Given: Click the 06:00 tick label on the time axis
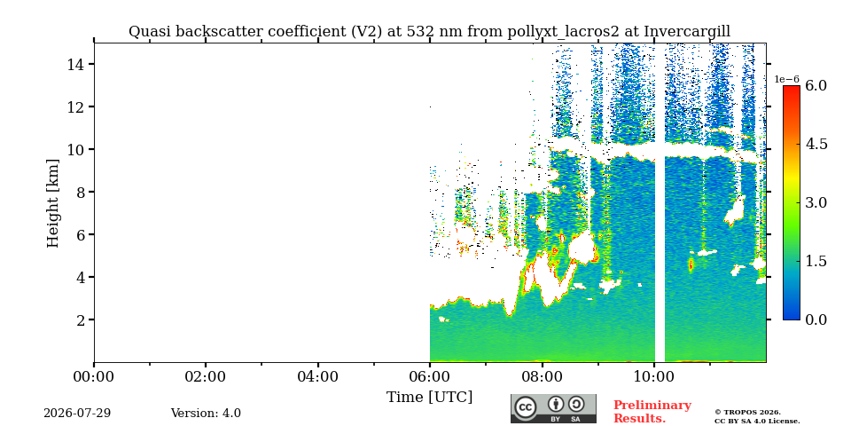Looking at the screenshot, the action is [430, 376].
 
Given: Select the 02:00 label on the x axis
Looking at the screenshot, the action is [206, 376].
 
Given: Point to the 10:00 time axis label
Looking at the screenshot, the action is [654, 376].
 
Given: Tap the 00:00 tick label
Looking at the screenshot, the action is [94, 376].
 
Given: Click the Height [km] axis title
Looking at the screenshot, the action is [52, 203].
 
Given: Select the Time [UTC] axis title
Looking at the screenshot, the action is [429, 398].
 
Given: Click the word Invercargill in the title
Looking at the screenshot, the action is [687, 32].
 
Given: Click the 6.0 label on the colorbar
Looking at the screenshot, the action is [816, 85].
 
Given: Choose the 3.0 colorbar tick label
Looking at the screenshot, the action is [816, 202].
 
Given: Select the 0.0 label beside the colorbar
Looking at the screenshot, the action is [816, 319].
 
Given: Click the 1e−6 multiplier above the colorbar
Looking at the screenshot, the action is [787, 79].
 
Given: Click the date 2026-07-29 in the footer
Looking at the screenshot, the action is [77, 414].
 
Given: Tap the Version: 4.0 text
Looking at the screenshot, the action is [206, 414].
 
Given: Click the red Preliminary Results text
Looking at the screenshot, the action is [652, 412].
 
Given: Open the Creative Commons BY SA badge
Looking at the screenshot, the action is [553, 408].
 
